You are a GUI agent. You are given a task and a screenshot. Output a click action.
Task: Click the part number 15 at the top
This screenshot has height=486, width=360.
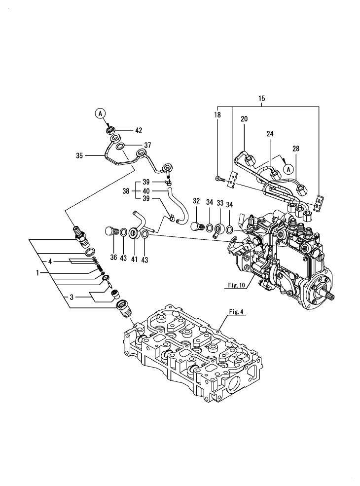coord(262,99)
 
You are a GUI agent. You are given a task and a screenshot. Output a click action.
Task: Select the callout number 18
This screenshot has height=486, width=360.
coord(217,114)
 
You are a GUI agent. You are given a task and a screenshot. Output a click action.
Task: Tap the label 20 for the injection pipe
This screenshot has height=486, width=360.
coord(244,119)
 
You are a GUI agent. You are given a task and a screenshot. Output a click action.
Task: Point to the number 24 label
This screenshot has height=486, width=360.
coord(270,134)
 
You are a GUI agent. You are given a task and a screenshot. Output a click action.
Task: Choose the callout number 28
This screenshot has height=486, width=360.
coord(295,148)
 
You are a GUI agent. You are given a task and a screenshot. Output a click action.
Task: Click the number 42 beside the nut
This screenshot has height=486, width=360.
coord(139,131)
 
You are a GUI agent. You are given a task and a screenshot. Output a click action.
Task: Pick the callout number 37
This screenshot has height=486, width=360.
coord(147,145)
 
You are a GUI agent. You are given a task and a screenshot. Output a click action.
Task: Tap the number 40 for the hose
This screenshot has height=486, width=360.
coord(146,191)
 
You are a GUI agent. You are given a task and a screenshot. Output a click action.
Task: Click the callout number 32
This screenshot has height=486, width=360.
coord(196,201)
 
